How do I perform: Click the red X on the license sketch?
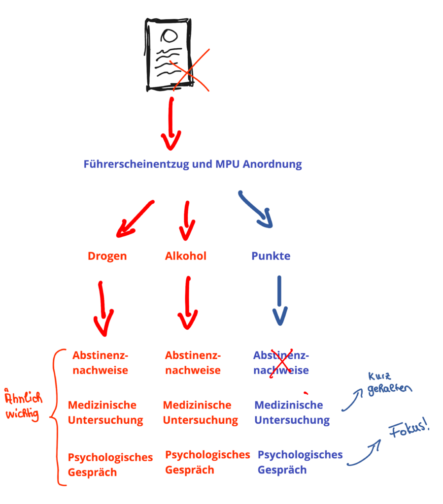point(189,72)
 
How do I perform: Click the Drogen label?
point(107,256)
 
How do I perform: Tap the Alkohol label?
point(185,256)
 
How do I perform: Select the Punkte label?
point(271,256)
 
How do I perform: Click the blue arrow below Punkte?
point(279,300)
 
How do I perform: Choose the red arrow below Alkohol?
point(188,303)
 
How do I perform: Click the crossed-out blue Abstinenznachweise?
point(281,363)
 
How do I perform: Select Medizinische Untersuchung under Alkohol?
point(200,412)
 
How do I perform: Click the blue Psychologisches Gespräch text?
point(300,462)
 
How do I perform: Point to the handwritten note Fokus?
point(408,432)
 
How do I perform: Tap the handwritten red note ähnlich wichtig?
point(22,407)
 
